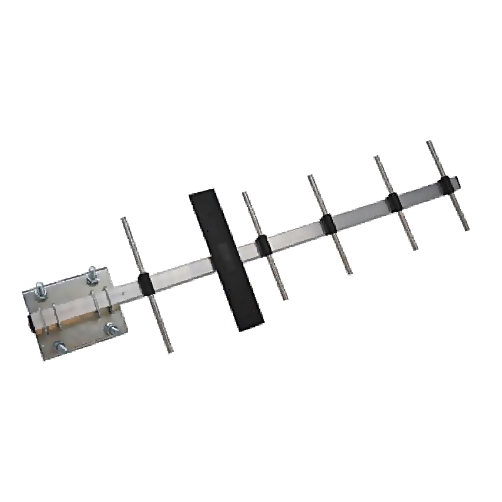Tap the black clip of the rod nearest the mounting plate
[144, 283]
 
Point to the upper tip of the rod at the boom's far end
[429, 143]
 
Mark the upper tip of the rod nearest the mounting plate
[124, 220]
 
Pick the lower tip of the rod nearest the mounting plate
[169, 350]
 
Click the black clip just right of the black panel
[264, 244]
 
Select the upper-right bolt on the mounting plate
[92, 274]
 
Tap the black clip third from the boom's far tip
[328, 223]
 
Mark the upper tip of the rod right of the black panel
[245, 194]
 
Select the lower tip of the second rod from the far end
[415, 248]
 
